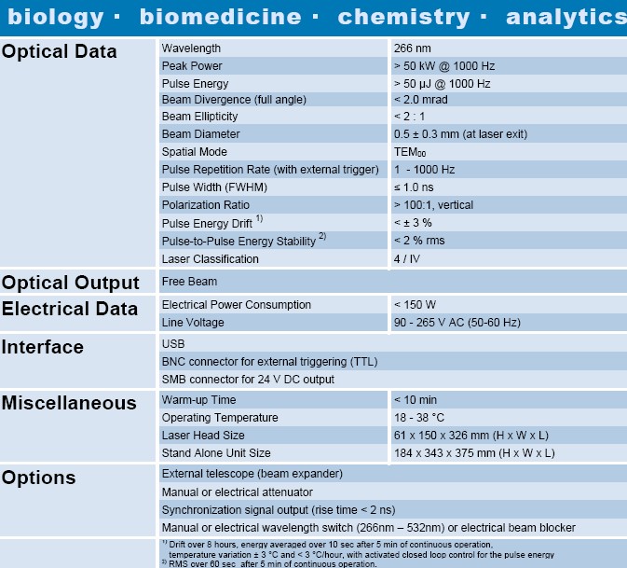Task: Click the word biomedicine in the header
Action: pyautogui.click(x=221, y=17)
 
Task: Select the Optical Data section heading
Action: pyautogui.click(x=60, y=51)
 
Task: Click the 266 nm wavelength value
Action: pyautogui.click(x=413, y=48)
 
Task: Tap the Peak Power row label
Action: pyautogui.click(x=192, y=65)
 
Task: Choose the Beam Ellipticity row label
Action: pyautogui.click(x=199, y=117)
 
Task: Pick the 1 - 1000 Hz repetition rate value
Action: pyautogui.click(x=424, y=170)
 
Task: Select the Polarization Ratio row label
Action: pyautogui.click(x=206, y=205)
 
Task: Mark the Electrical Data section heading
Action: pyautogui.click(x=70, y=309)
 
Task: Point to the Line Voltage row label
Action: pyautogui.click(x=193, y=322)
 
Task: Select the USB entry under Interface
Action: pyautogui.click(x=173, y=343)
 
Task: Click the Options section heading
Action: pyautogui.click(x=39, y=478)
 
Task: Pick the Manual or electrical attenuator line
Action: pyautogui.click(x=237, y=492)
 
